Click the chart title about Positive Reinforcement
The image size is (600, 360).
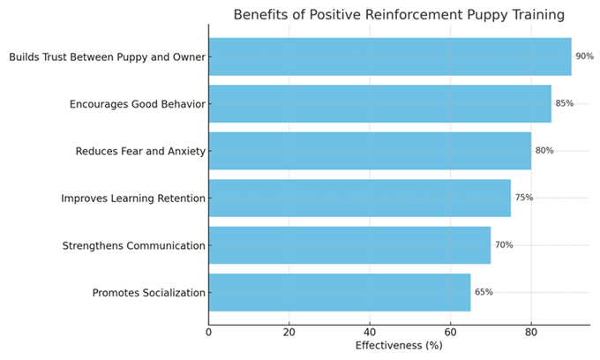[x=399, y=15]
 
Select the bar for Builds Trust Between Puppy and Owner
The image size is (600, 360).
[x=389, y=56]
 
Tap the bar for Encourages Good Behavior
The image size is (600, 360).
[x=379, y=103]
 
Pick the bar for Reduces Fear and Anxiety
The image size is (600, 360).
[x=370, y=151]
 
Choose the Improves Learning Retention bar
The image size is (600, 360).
[x=359, y=198]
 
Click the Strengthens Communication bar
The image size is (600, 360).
[x=349, y=245]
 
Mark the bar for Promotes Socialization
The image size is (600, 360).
[x=339, y=292]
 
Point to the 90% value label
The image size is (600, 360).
[x=584, y=56]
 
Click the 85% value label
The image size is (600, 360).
[x=565, y=103]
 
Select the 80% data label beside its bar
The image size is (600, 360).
[x=544, y=151]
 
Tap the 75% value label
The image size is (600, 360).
[x=524, y=198]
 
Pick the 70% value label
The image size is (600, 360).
[x=504, y=245]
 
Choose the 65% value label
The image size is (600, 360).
[x=484, y=292]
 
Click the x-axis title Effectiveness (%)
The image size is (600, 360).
[x=399, y=346]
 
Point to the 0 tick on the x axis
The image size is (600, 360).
[x=209, y=332]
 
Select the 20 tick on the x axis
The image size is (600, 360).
[x=289, y=332]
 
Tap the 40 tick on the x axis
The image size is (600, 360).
[x=370, y=332]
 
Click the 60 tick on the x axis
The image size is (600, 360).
[x=450, y=332]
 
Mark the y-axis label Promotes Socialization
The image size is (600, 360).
[x=148, y=293]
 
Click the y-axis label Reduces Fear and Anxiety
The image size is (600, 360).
[x=140, y=151]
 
